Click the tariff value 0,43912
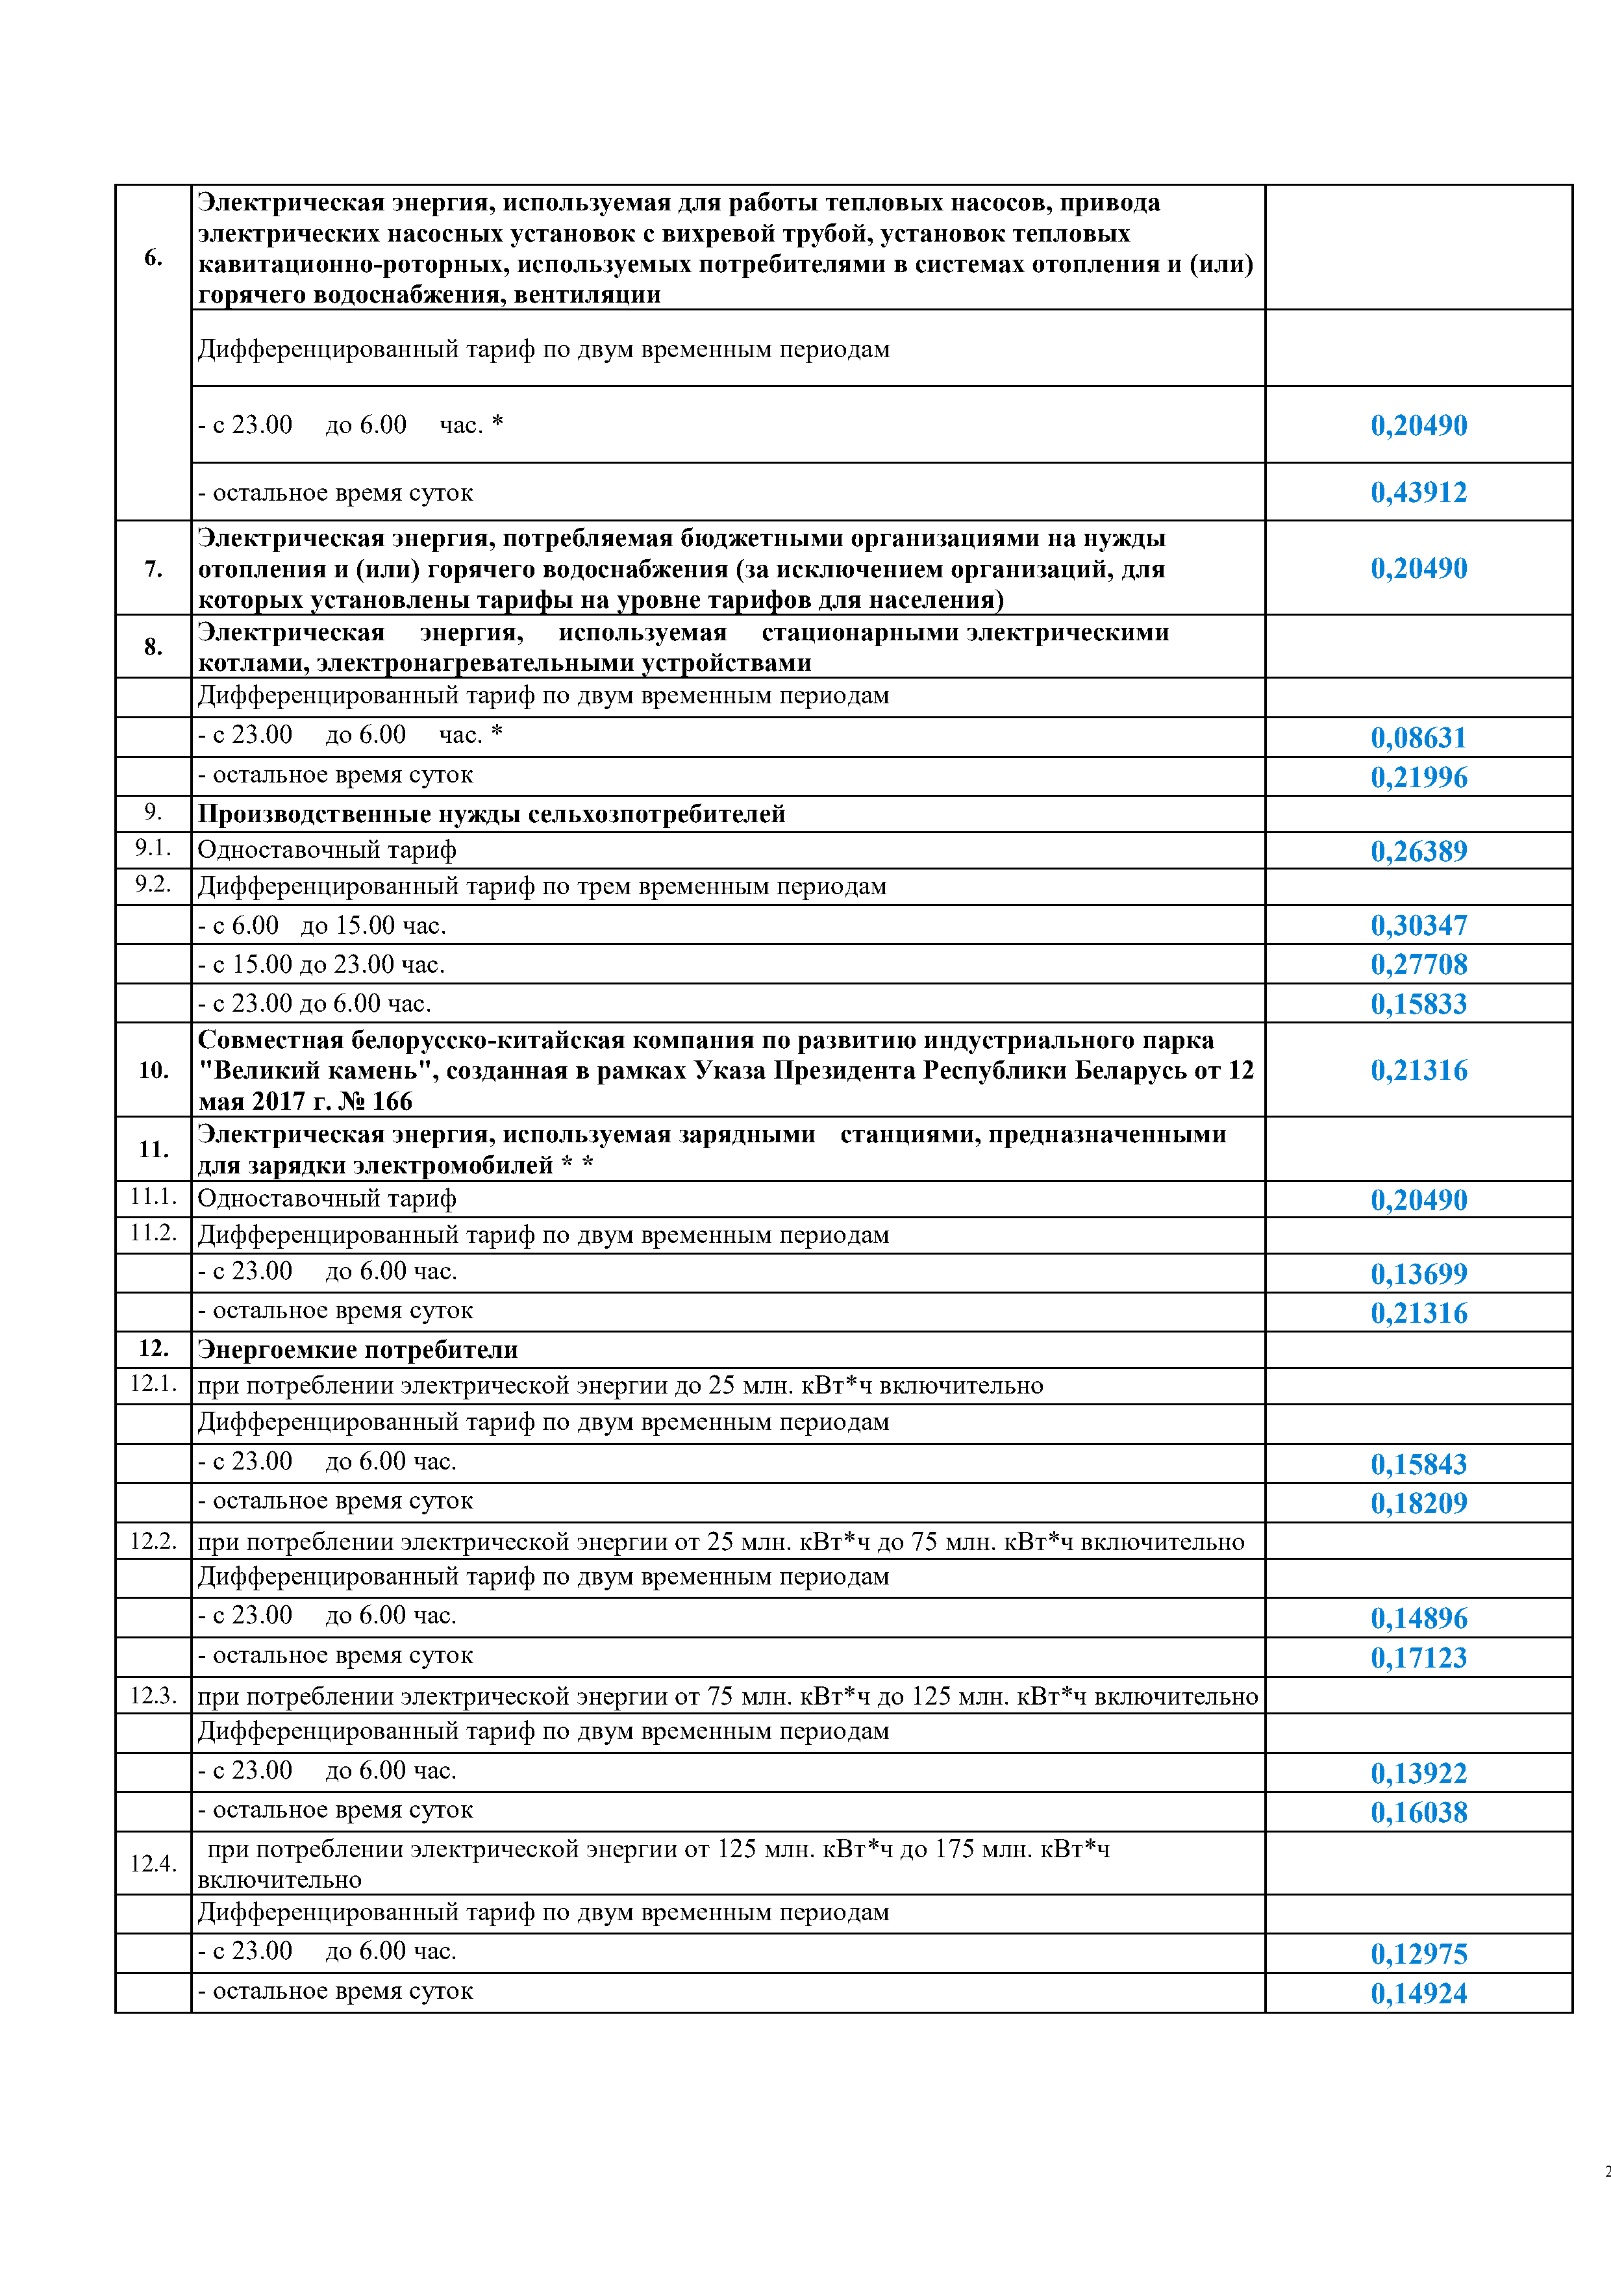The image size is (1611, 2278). pyautogui.click(x=1419, y=492)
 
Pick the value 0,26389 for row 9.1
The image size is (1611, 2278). pyautogui.click(x=1419, y=851)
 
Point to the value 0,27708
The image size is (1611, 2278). pyautogui.click(x=1419, y=964)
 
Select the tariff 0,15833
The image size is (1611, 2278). pyautogui.click(x=1419, y=1004)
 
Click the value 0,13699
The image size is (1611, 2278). pyautogui.click(x=1419, y=1274)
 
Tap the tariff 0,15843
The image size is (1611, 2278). pyautogui.click(x=1419, y=1464)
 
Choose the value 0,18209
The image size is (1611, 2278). pyautogui.click(x=1419, y=1503)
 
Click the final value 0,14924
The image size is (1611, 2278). pyautogui.click(x=1419, y=1994)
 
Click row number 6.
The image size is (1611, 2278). pyautogui.click(x=153, y=258)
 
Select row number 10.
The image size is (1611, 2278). pyautogui.click(x=153, y=1071)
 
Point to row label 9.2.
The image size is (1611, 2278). pyautogui.click(x=153, y=884)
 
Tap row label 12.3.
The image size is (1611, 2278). pyautogui.click(x=153, y=1696)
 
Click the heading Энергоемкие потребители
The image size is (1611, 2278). pyautogui.click(x=357, y=1349)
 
